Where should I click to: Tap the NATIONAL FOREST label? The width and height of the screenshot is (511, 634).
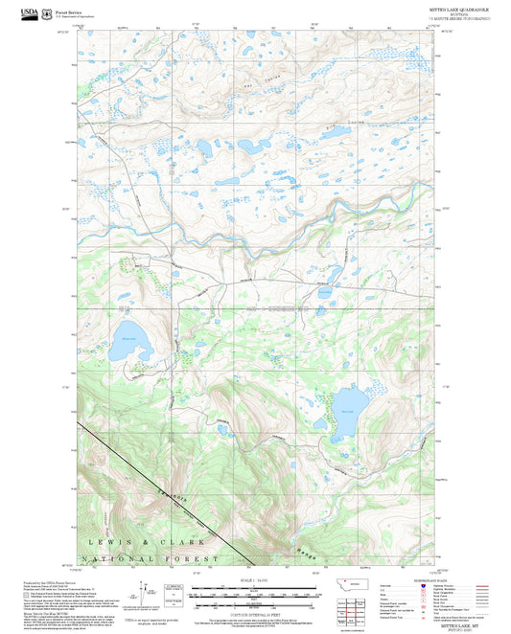coord(151,557)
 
